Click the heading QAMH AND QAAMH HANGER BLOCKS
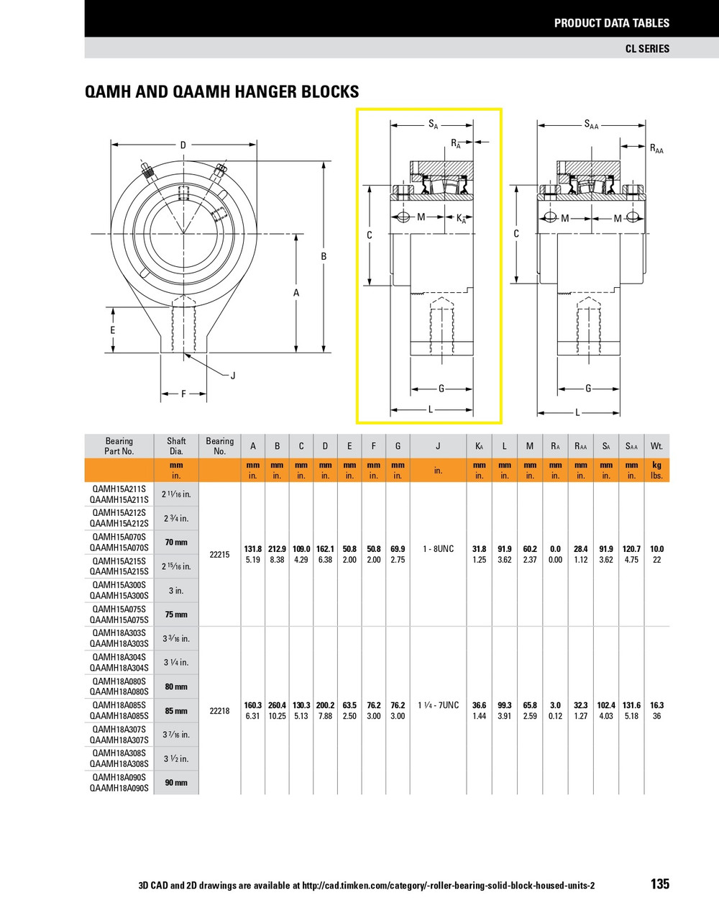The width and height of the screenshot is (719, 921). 221,92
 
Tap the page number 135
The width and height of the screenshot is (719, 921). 659,884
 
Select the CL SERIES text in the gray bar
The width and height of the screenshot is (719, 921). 646,48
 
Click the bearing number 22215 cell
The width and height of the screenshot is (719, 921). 219,554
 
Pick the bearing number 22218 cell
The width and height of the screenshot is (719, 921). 219,710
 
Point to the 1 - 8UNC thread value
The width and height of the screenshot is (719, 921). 437,549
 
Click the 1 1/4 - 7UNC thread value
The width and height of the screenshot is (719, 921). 437,705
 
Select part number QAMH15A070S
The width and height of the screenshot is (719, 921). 119,537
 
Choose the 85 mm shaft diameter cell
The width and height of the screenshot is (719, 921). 176,711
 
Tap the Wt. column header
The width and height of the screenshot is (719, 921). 656,446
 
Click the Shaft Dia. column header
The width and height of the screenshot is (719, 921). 176,446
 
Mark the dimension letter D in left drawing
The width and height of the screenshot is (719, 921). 183,145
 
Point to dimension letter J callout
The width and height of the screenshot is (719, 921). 233,376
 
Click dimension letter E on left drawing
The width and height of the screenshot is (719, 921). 113,330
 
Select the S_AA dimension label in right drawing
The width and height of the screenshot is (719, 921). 591,125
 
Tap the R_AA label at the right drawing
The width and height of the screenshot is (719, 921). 656,149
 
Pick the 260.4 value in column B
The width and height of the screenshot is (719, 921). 277,705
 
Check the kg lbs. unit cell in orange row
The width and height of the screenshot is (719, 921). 656,471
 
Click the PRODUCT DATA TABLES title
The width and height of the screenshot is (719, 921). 611,23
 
